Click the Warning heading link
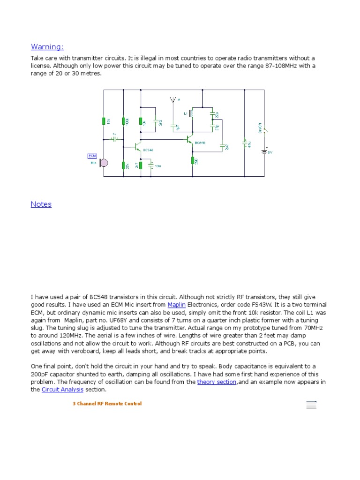tap(47, 47)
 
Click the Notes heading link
tap(41, 204)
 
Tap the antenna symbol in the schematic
tap(172, 100)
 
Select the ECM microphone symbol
tap(104, 163)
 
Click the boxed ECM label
tap(92, 156)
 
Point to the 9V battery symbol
tap(264, 151)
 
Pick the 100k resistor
tap(123, 121)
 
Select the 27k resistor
tap(123, 165)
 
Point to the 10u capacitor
tap(151, 165)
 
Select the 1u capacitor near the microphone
tap(114, 139)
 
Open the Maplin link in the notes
tap(177, 305)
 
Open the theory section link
tap(217, 382)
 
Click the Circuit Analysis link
tap(62, 390)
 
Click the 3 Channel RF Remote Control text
tap(107, 404)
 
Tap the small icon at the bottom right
tap(311, 405)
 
